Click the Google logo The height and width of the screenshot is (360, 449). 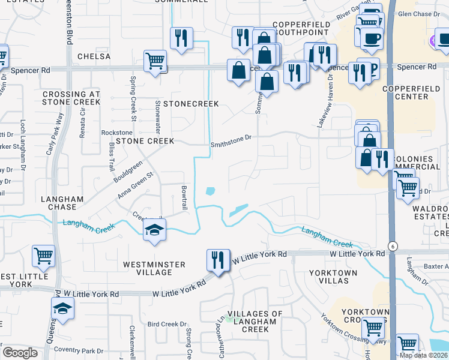20,353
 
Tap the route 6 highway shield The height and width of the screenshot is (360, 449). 392,246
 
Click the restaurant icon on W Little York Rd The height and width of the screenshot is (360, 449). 217,260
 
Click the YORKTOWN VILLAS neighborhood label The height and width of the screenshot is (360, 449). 333,277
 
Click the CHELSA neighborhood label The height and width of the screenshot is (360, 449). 94,56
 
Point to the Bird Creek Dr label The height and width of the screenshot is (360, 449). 167,324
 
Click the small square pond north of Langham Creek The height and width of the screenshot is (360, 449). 210,191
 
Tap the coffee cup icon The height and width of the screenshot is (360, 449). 372,38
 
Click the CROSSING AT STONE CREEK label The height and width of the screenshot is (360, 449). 71,98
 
